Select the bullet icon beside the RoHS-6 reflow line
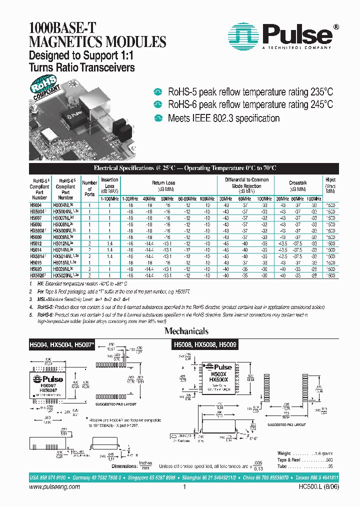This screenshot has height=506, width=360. (158, 104)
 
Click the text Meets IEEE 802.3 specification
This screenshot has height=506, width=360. (223, 118)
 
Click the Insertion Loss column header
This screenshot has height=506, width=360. (109, 182)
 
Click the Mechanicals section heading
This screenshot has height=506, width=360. (186, 331)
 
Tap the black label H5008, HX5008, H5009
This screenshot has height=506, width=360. (205, 344)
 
